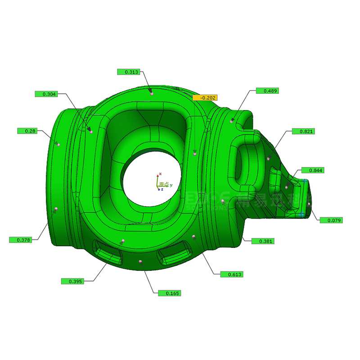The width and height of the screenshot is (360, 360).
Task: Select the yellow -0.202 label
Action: pos(205,98)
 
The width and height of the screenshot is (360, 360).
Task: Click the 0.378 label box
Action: pos(21,240)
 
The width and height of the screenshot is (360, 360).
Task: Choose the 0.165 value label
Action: pos(170,293)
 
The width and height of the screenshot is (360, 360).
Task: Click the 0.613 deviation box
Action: pos(232,274)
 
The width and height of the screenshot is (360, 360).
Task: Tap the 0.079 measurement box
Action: pos(332,220)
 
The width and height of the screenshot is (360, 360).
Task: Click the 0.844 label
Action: pos(313,171)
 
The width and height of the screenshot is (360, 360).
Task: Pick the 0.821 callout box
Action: pos(303,131)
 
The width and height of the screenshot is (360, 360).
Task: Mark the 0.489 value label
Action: pos(267,91)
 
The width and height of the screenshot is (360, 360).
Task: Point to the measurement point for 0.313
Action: pos(152,94)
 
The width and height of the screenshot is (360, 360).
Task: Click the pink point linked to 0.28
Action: pos(58,144)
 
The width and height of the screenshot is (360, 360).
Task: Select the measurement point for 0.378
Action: pos(55,209)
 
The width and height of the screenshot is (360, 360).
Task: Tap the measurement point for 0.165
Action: pos(141,261)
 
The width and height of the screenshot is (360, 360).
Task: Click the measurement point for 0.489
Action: pos(232,121)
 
